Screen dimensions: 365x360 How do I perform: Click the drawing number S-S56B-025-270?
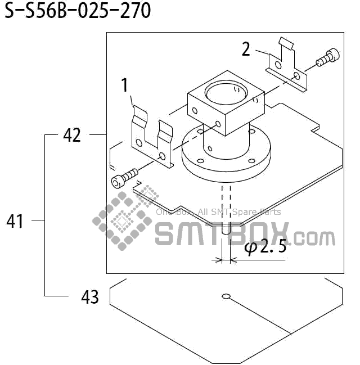[x=78, y=11]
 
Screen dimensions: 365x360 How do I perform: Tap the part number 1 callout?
[x=125, y=85]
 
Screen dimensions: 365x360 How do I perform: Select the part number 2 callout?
[x=246, y=49]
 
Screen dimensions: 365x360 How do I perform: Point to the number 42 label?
[x=72, y=135]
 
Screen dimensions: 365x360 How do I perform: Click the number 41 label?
[x=15, y=221]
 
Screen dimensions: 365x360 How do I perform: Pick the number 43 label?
[x=89, y=296]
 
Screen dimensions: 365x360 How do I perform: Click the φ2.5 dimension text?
[x=265, y=247]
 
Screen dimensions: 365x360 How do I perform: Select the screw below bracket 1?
[x=124, y=177]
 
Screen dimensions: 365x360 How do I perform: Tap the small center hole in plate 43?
[x=226, y=296]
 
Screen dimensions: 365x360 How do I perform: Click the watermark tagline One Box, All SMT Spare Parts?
[x=218, y=212]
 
